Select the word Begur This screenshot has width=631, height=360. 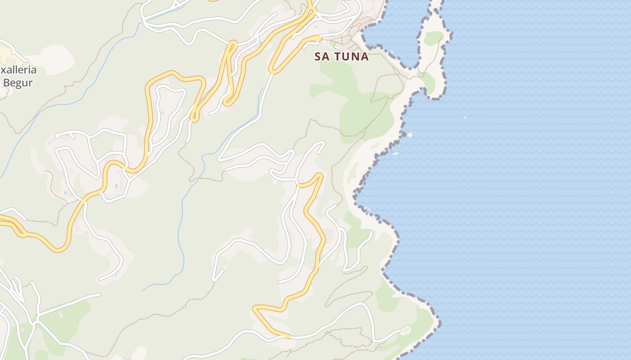(x=18, y=82)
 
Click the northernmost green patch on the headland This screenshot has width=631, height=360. (x=433, y=38)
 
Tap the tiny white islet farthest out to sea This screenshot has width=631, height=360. (x=465, y=117)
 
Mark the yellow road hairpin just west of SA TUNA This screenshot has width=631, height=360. (x=273, y=69)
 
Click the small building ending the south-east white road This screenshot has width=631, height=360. (x=405, y=330)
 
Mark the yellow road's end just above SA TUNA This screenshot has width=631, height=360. (x=318, y=38)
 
